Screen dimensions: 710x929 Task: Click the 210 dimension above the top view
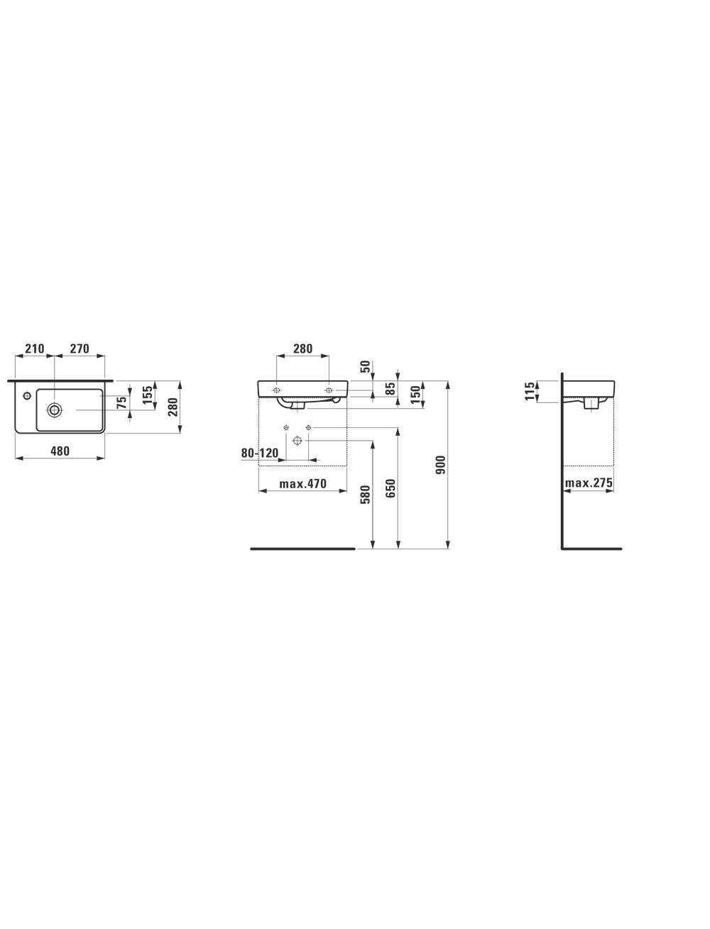[x=35, y=348]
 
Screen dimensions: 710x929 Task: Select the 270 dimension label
[x=80, y=348]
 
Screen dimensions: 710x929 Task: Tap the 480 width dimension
[x=60, y=451]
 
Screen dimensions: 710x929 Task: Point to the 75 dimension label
[x=122, y=402]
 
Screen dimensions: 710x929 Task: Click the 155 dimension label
[x=148, y=395]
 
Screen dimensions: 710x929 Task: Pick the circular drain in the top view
[x=55, y=409]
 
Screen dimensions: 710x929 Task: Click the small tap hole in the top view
[x=27, y=396]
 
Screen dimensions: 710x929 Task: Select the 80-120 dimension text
[x=260, y=453]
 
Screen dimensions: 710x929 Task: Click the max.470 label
[x=302, y=484]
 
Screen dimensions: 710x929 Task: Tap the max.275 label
[x=589, y=483]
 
